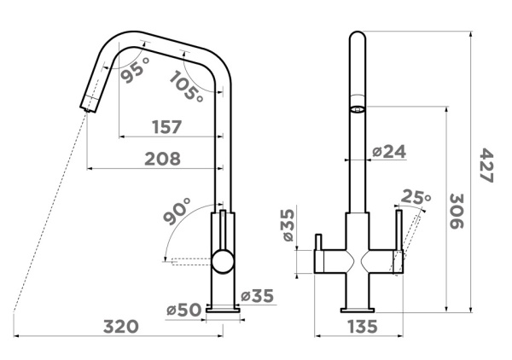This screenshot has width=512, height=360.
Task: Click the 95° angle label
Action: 135,69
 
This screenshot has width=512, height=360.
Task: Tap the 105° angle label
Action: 186,85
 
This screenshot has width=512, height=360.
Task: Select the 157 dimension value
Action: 166,127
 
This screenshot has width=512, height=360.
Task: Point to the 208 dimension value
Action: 162,159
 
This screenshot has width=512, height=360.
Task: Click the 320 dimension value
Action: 121,327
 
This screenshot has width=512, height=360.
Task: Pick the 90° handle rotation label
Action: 177,212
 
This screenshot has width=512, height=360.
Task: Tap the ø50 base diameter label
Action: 183,310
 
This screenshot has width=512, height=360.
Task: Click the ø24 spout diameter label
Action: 389,152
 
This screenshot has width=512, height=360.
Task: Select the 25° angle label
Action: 416,196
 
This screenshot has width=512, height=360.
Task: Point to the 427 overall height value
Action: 486,165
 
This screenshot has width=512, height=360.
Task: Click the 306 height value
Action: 457,212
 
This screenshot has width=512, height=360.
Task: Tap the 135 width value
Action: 363,327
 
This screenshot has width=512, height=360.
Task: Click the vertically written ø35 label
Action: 288,225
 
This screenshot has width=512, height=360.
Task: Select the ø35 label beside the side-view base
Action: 257,296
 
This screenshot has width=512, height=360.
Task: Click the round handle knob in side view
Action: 223,260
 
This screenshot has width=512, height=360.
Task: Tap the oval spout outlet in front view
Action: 358,109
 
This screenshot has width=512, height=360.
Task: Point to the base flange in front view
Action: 358,310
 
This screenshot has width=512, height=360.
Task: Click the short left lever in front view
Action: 318,242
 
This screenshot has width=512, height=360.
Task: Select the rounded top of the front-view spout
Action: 358,36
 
